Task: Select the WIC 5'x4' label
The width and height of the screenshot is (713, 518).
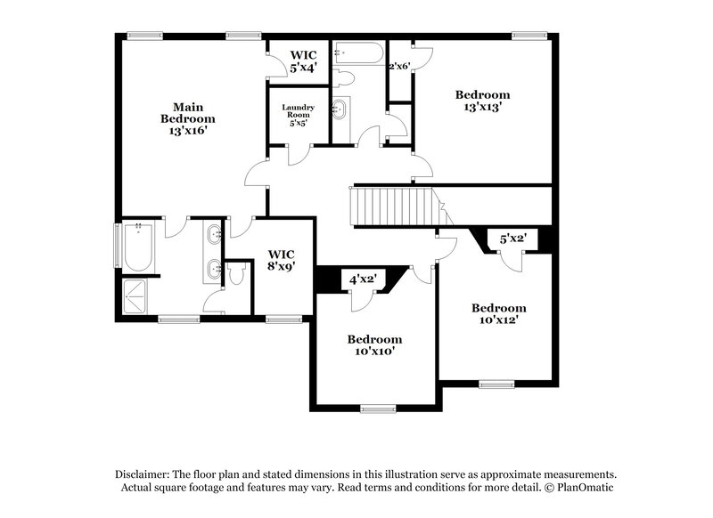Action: (299, 61)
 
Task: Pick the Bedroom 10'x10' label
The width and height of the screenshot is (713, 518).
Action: (374, 345)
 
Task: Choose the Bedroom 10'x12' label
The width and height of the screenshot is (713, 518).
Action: (498, 313)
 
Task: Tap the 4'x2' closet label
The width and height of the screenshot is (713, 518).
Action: (363, 279)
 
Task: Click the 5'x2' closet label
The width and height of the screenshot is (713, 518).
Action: (513, 239)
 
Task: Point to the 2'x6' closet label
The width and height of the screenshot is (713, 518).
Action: (398, 66)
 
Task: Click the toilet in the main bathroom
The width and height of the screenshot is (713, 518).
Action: (235, 274)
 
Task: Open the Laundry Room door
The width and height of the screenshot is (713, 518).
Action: (299, 154)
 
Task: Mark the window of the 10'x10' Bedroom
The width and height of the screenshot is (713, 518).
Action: (378, 409)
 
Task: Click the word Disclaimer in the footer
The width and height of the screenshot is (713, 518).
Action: (143, 474)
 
